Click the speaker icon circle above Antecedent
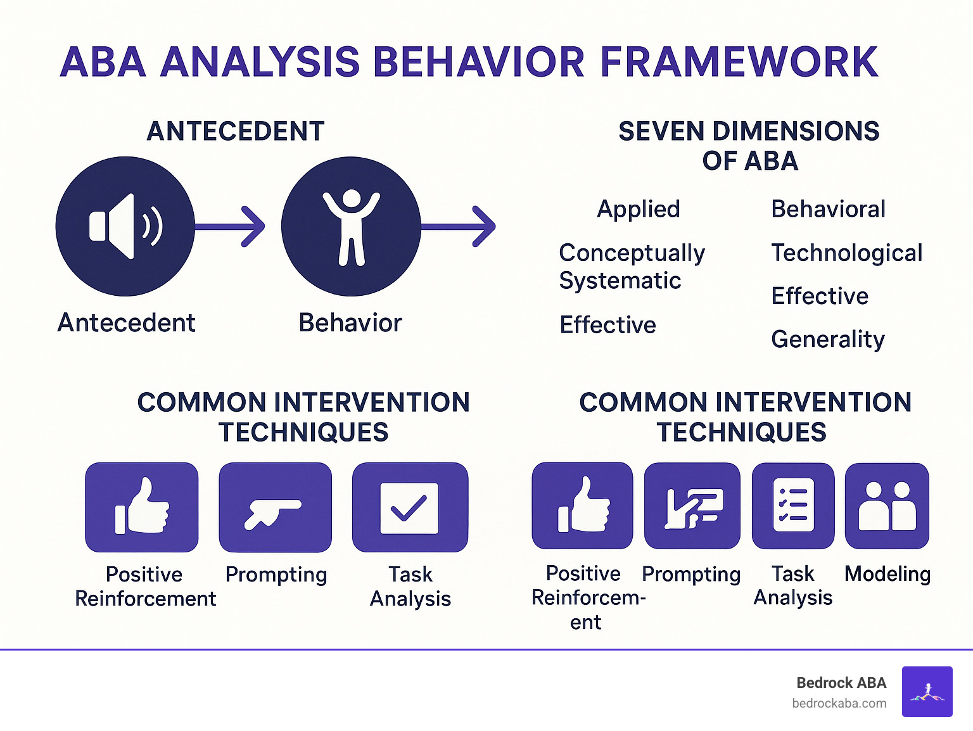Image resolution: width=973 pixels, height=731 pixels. [125, 226]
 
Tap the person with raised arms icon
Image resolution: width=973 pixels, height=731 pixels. [351, 226]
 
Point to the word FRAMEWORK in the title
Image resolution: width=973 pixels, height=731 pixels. [739, 62]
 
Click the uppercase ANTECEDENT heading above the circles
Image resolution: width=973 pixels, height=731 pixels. [236, 132]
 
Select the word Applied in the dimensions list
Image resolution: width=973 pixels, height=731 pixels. [638, 209]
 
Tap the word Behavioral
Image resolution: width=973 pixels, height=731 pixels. [828, 209]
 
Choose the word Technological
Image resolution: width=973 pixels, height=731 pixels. [846, 253]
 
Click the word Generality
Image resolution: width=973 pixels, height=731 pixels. [827, 340]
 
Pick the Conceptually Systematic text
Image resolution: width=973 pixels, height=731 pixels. [631, 267]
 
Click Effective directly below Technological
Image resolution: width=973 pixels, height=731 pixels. [820, 296]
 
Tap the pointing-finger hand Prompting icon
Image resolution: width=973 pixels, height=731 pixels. [275, 507]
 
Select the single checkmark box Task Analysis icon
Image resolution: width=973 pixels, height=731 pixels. [410, 507]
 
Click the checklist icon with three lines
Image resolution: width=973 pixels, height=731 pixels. [793, 505]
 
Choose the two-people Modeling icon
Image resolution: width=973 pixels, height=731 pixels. [887, 505]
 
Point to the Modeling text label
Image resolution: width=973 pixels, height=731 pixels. [887, 574]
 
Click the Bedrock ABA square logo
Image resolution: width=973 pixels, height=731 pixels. [927, 692]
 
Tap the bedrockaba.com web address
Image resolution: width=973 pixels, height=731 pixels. [839, 703]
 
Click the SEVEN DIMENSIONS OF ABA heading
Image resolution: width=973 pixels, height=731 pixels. [749, 146]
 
